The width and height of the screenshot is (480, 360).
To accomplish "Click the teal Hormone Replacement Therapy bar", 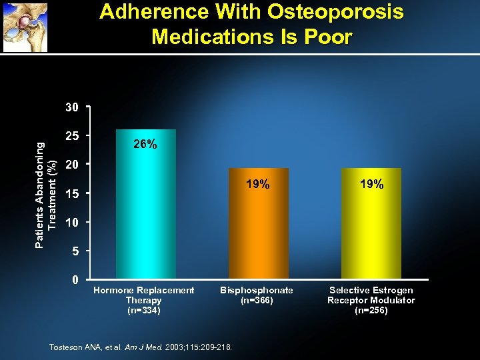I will tap(145, 213).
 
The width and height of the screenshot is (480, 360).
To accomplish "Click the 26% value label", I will tap(145, 144).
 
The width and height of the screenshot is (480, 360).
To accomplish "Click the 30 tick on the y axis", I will tap(71, 107).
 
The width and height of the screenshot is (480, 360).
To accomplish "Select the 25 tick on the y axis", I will tap(71, 135).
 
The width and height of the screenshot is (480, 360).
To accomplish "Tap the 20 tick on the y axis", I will tap(71, 164).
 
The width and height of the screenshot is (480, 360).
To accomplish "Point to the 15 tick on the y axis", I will tap(71, 193).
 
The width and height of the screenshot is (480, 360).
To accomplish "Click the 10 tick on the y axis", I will tap(71, 222).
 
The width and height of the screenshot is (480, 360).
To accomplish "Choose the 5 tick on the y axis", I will tap(75, 251).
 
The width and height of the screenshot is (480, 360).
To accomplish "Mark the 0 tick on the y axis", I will tap(75, 279).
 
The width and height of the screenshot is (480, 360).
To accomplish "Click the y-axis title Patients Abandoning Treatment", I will tap(46, 194).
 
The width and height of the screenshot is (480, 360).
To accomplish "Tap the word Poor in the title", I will tap(325, 36).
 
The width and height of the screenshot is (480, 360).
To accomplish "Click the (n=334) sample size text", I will tap(143, 311).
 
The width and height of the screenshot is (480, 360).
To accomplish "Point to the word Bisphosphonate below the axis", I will tap(257, 290).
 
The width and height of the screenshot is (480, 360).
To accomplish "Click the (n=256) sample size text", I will tap(371, 311).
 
